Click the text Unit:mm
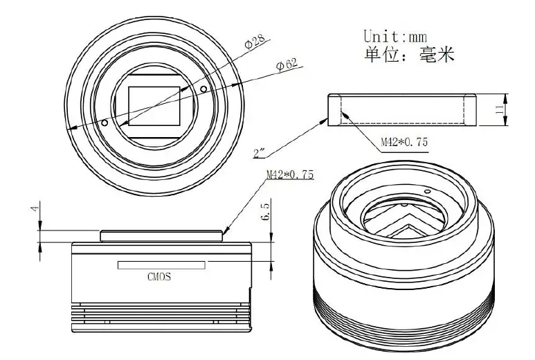tap(395, 36)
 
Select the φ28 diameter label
tap(256, 44)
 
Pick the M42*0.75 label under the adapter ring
tap(404, 142)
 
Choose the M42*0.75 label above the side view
tap(290, 175)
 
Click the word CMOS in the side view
tap(158, 277)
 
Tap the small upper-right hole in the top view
tap(203, 89)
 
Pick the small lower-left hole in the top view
tap(105, 123)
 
